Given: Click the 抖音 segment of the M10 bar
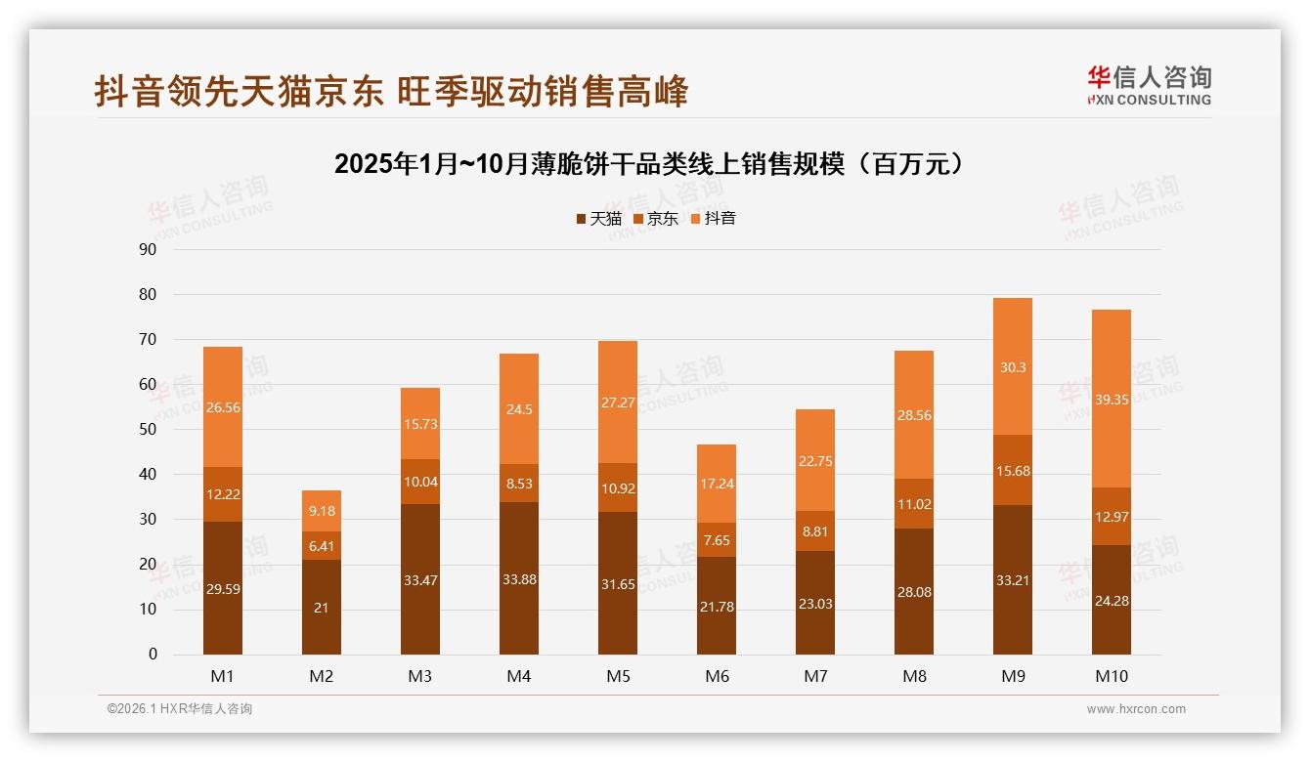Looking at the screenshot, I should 1111,399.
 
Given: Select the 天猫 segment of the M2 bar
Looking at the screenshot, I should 322,607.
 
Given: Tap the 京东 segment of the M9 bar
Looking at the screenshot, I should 1012,470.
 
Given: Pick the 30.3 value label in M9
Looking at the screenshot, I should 1012,367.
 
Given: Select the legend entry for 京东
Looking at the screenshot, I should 656,219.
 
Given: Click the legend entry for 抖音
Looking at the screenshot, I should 713,219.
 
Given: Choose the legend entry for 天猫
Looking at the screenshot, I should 598,219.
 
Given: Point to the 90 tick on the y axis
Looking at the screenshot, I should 148,249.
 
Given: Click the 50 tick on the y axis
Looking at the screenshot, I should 148,429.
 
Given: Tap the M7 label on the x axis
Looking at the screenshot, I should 815,676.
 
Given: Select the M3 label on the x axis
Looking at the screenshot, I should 420,676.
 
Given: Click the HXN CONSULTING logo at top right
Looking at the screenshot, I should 1149,85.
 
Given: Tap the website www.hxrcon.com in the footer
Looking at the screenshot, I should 1136,709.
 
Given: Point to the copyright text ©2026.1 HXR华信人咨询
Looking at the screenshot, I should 180,709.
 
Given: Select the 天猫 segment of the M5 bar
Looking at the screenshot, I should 618,583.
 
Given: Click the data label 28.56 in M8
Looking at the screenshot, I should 914,415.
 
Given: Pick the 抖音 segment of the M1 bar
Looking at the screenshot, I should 223,407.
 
